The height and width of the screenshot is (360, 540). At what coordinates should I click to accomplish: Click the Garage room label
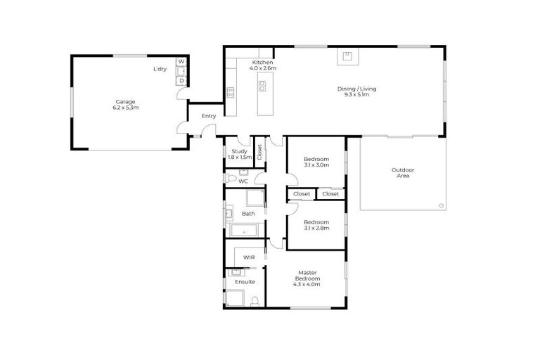(125, 105)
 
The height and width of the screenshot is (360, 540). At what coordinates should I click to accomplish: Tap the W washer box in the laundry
(181, 63)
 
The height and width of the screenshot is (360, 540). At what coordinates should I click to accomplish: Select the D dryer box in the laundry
(181, 80)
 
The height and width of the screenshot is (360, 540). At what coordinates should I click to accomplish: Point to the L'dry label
(160, 69)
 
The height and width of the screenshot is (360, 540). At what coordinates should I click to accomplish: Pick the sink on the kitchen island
(262, 86)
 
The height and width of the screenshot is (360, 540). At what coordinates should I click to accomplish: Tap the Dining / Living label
(353, 91)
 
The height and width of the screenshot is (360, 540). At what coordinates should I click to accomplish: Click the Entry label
(209, 116)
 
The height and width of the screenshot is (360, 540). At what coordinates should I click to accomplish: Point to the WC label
(243, 181)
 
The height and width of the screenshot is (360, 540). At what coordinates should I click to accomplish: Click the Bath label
(248, 213)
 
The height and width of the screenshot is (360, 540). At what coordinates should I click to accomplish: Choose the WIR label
(249, 258)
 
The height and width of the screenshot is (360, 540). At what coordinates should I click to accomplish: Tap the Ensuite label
(244, 282)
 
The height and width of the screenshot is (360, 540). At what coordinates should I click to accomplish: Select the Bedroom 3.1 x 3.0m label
(316, 162)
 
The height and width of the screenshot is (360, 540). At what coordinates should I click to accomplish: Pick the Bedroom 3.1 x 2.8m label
(316, 224)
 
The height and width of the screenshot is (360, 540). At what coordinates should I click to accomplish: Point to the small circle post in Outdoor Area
(441, 205)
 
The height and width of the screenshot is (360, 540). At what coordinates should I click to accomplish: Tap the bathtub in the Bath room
(244, 230)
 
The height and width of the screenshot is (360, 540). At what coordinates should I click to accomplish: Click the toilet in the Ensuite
(256, 301)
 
